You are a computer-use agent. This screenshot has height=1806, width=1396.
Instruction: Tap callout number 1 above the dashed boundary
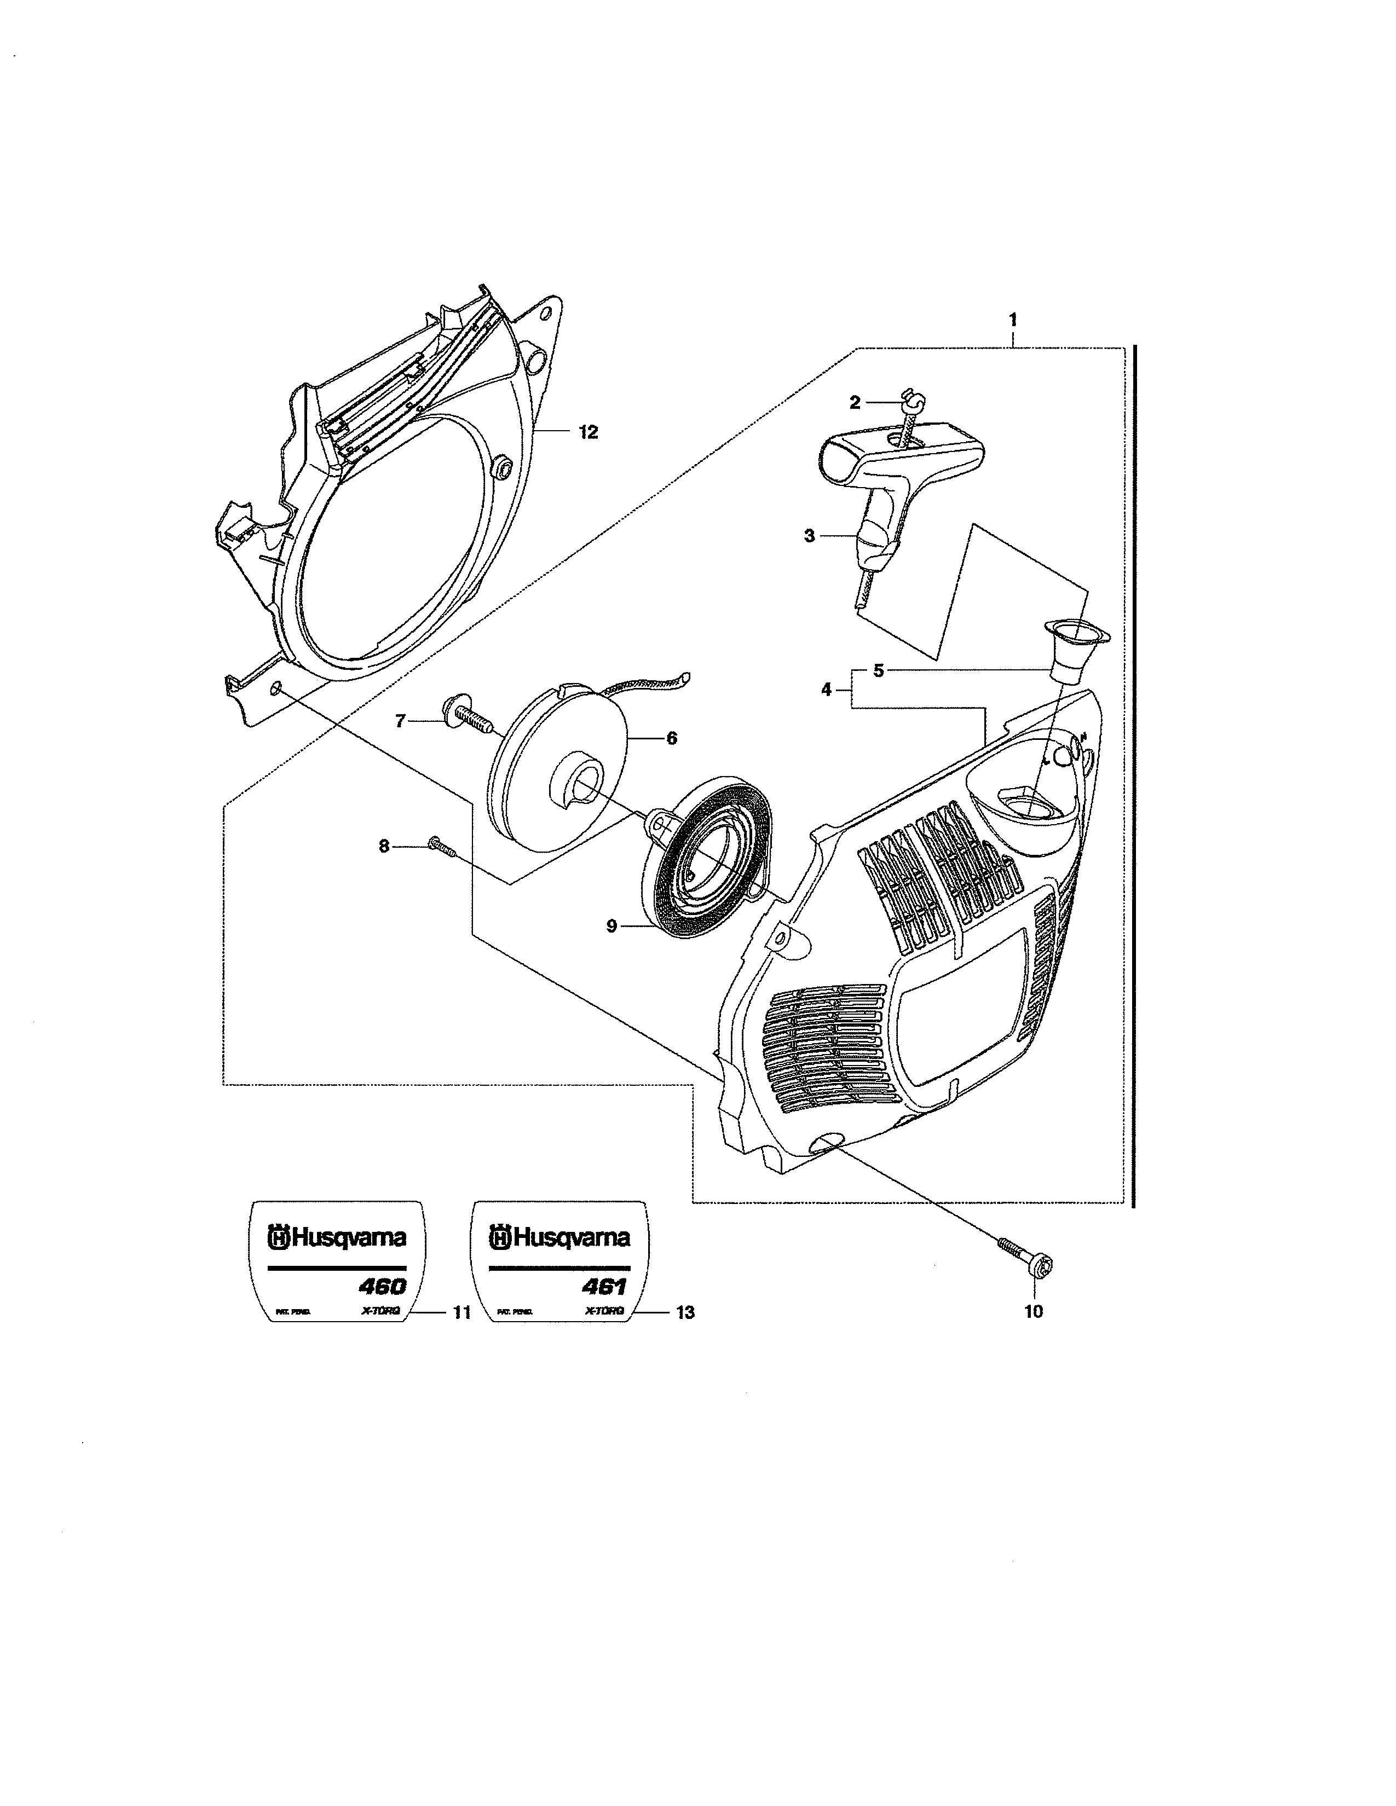pos(1013,319)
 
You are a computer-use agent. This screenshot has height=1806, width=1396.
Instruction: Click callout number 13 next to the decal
pos(685,1312)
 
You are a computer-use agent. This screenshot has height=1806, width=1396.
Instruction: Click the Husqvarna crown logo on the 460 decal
pos(278,1238)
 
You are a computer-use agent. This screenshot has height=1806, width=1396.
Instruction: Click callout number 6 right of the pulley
pos(672,738)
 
